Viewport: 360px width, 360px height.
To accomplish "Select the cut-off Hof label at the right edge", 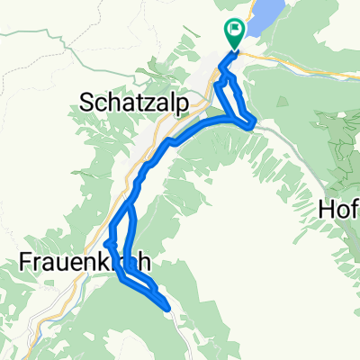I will [x=339, y=210].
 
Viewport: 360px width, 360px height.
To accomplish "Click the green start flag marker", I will [x=235, y=32].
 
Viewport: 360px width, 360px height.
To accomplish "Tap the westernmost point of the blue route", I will [x=107, y=242].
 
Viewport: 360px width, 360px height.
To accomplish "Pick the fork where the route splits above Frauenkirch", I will [x=128, y=204].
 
